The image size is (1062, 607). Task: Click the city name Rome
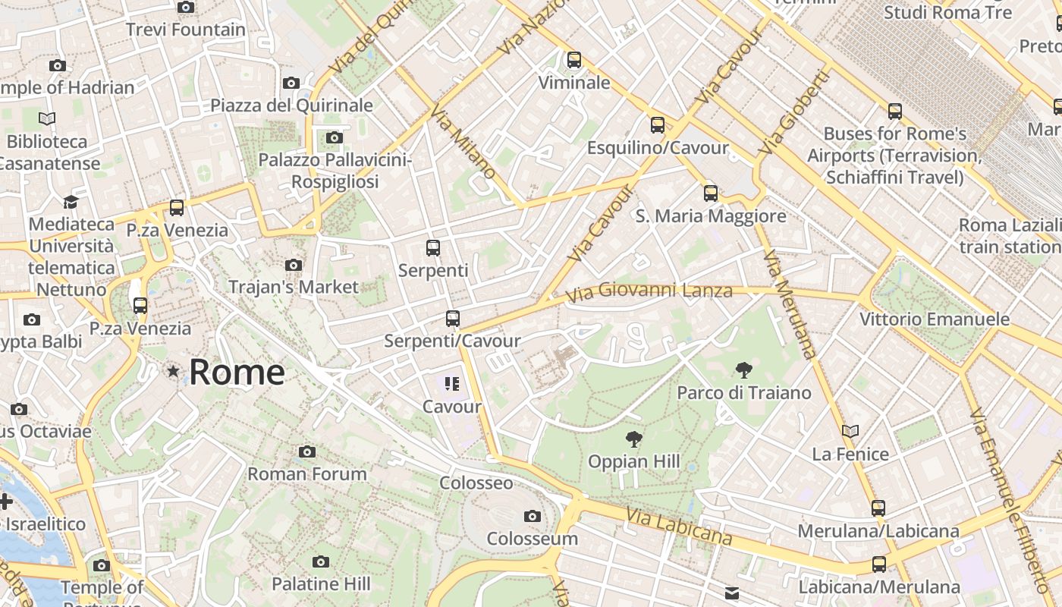(x=237, y=372)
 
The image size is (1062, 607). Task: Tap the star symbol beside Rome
(x=174, y=371)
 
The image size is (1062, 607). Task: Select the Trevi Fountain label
(x=186, y=30)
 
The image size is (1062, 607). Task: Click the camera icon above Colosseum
(x=533, y=517)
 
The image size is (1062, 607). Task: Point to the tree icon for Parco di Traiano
(x=744, y=370)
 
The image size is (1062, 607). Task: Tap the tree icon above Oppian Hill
(x=633, y=439)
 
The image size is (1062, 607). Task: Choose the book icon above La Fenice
(x=850, y=431)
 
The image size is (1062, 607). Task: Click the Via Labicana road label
(x=680, y=527)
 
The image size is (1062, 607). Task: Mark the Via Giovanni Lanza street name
(x=649, y=291)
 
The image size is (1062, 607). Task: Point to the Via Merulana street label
(x=790, y=303)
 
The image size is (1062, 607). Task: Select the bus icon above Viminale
(x=574, y=59)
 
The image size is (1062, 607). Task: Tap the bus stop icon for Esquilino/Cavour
(x=658, y=125)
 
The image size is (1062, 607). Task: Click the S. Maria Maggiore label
(x=711, y=216)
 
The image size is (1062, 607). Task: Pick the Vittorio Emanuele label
(x=935, y=319)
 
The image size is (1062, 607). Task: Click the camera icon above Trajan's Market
(x=294, y=265)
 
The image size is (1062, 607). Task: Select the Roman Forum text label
(x=307, y=474)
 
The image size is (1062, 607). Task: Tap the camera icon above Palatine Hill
(x=321, y=561)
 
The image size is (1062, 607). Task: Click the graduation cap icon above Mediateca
(x=71, y=202)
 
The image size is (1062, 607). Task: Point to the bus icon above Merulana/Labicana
(x=878, y=508)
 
